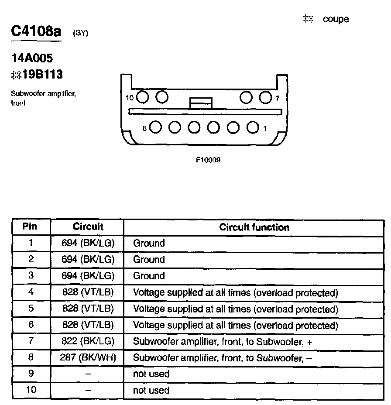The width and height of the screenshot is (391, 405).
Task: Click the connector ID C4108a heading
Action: pyautogui.click(x=36, y=32)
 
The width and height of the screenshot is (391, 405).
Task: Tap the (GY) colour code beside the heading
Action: pyautogui.click(x=81, y=33)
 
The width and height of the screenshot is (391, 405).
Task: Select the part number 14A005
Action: pyautogui.click(x=32, y=58)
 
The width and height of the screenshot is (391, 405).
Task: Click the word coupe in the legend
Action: pyautogui.click(x=336, y=19)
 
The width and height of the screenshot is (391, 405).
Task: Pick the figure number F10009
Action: pyautogui.click(x=208, y=160)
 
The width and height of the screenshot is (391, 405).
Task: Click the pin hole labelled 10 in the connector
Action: pyautogui.click(x=142, y=97)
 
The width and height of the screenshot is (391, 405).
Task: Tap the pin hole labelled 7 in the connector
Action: pyautogui.click(x=265, y=97)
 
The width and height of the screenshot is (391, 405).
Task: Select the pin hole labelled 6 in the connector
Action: pyautogui.click(x=156, y=127)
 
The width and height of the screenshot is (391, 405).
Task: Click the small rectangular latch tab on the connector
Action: pyautogui.click(x=201, y=103)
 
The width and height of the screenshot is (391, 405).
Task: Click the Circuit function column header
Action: pyautogui.click(x=254, y=227)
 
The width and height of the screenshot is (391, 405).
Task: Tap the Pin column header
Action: pyautogui.click(x=30, y=227)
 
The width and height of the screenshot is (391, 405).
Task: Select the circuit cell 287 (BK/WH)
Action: pyautogui.click(x=88, y=358)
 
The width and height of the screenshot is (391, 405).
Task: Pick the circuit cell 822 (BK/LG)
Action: pyautogui.click(x=88, y=342)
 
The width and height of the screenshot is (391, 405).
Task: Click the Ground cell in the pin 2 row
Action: pyautogui.click(x=149, y=260)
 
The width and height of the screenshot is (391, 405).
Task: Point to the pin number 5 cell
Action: pyautogui.click(x=31, y=309)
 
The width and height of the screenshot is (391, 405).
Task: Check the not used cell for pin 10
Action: pyautogui.click(x=151, y=390)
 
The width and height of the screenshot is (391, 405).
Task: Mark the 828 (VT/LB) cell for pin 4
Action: pyautogui.click(x=88, y=292)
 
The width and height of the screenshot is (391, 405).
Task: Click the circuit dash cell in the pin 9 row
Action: pyautogui.click(x=88, y=374)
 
